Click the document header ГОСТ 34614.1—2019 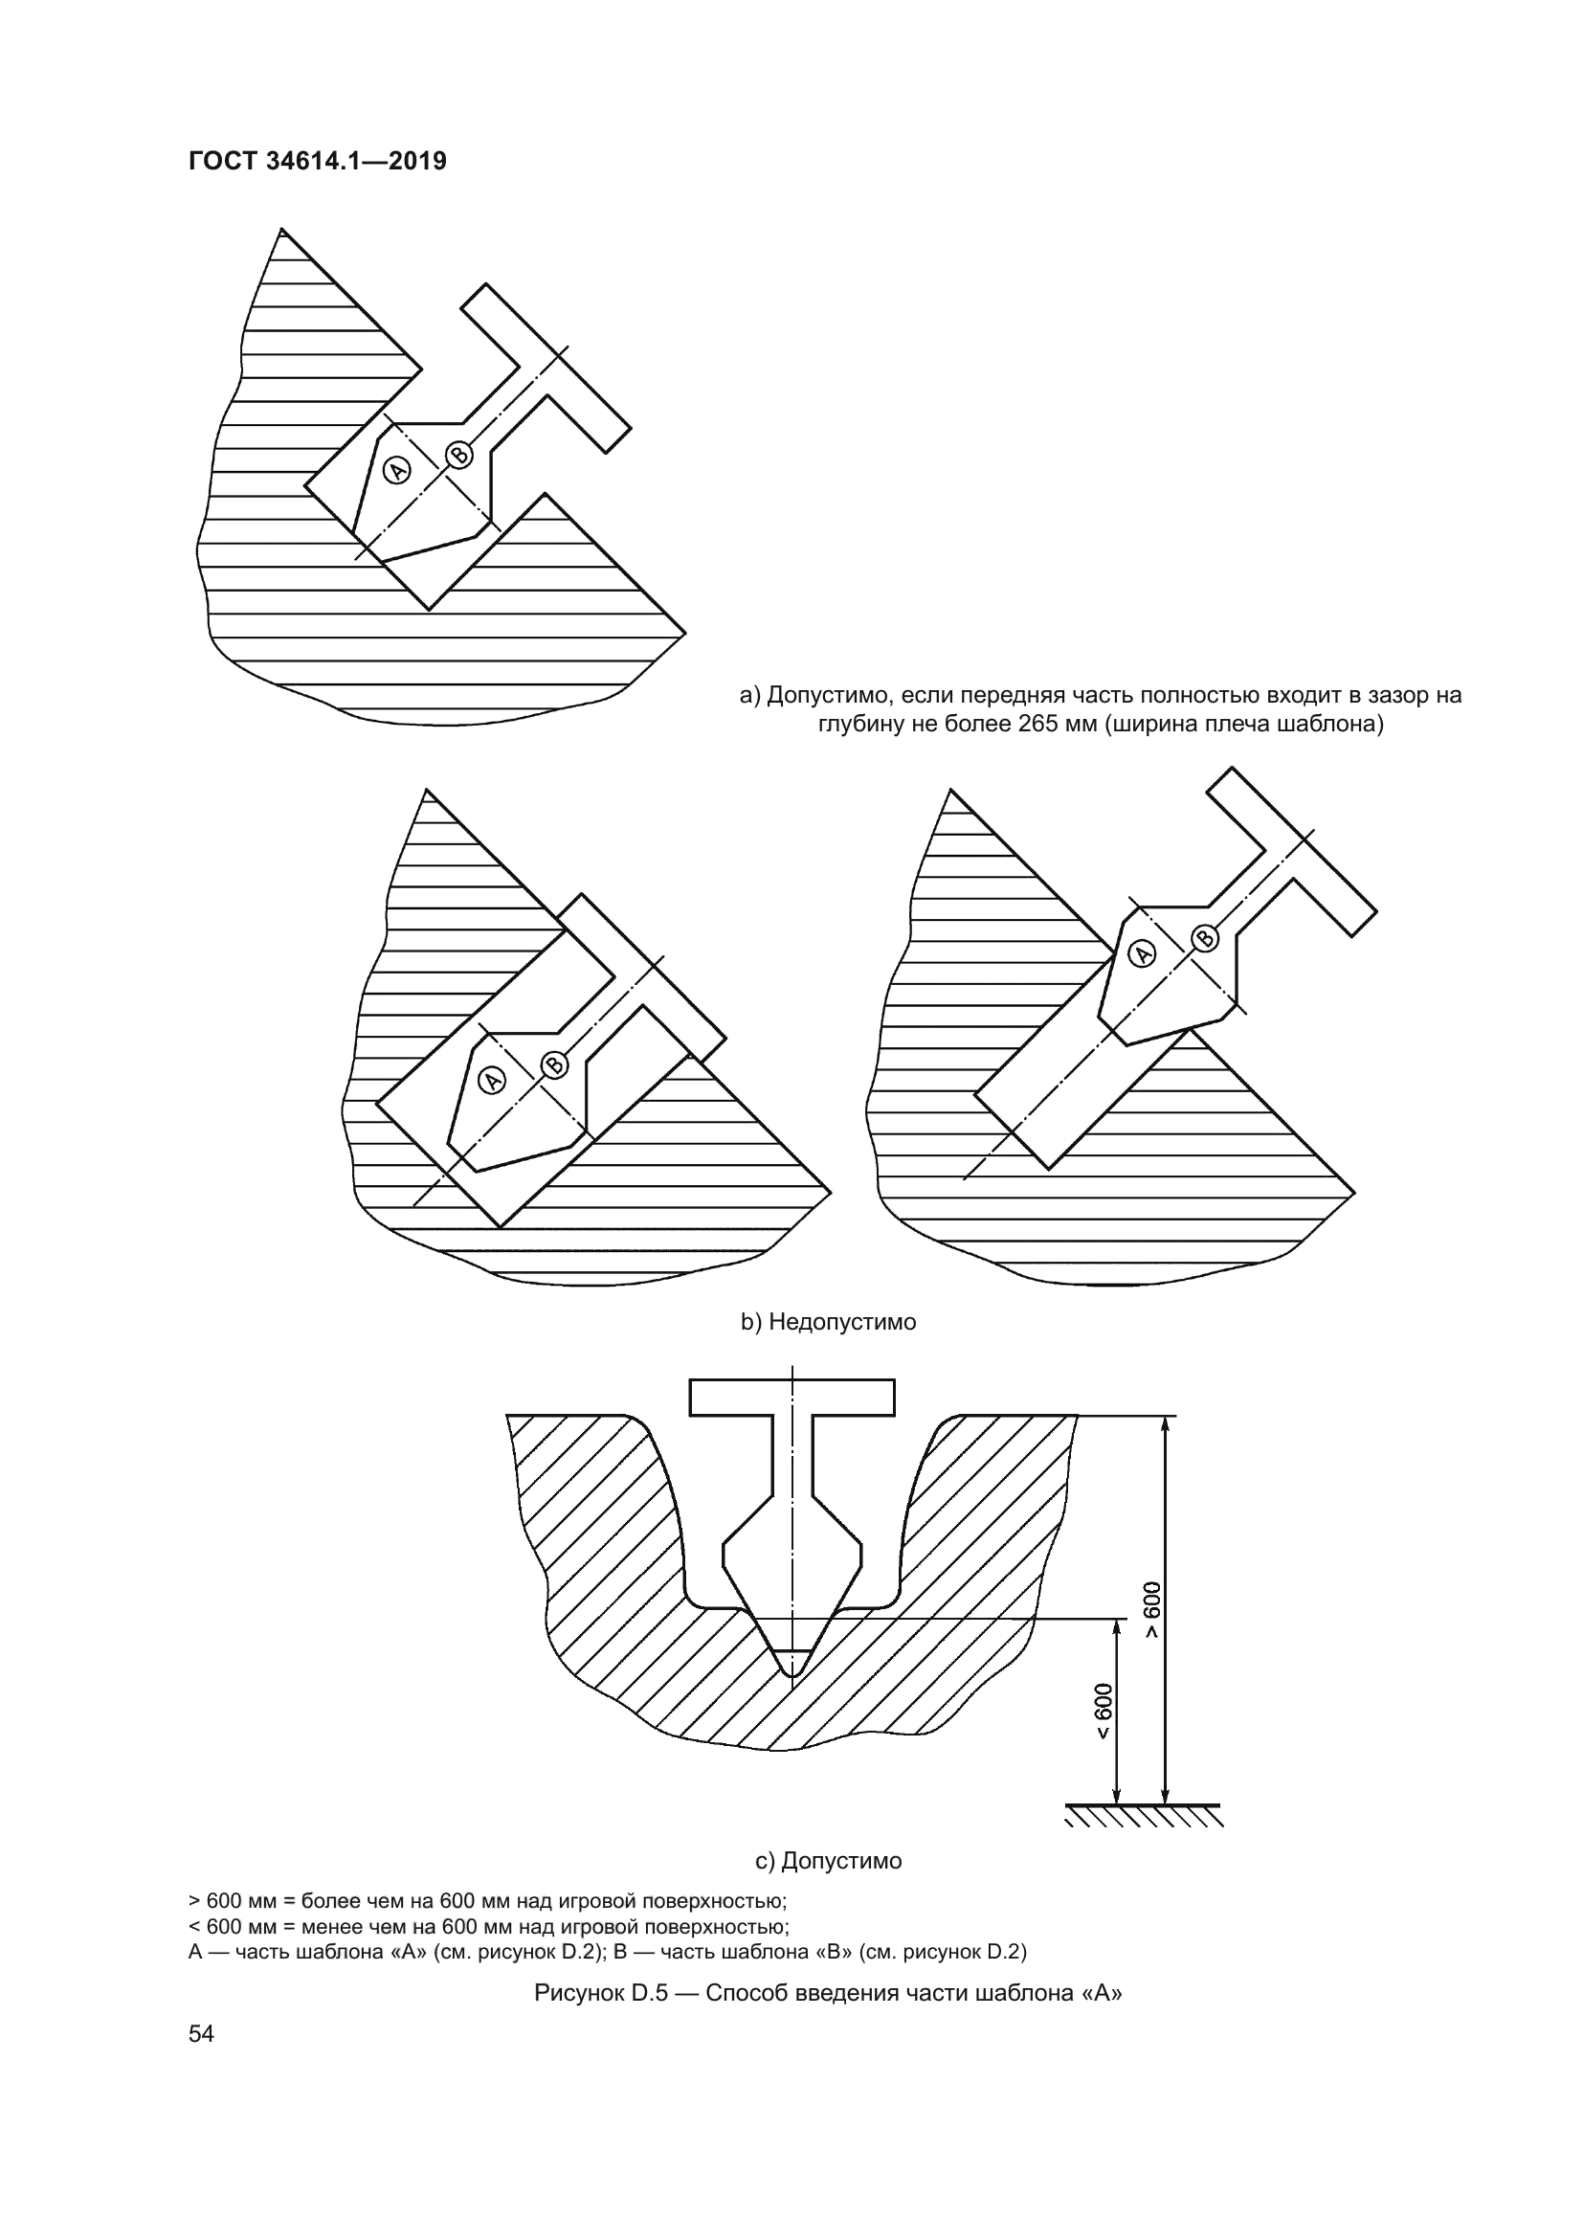point(317,161)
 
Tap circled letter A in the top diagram point(397,470)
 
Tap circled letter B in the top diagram point(459,455)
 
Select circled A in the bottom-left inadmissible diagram point(492,1080)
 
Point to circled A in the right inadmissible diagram point(1142,952)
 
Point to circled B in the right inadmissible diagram point(1205,938)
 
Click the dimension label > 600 point(1152,1609)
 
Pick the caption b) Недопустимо point(829,1322)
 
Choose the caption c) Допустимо point(829,1861)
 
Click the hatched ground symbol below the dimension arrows point(1144,1815)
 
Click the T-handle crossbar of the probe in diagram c point(791,1398)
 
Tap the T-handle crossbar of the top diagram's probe point(546,369)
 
